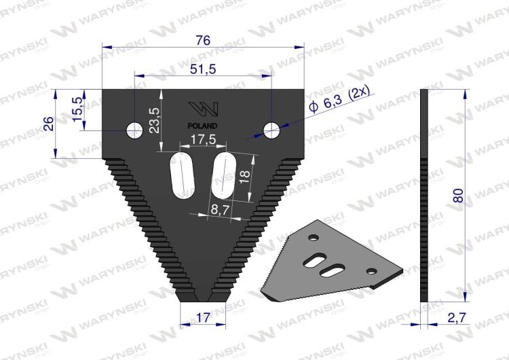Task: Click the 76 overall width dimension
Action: click(202, 40)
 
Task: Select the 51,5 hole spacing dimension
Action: click(202, 69)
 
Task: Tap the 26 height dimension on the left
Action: click(48, 124)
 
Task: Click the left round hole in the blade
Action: click(134, 129)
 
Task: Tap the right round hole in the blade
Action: click(272, 129)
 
